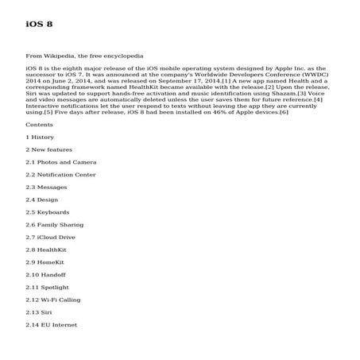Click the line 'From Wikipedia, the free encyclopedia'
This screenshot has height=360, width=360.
click(x=85, y=57)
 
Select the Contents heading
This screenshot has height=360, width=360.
click(x=40, y=125)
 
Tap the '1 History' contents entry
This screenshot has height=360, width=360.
click(x=41, y=137)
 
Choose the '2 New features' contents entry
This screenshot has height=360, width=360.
click(x=49, y=149)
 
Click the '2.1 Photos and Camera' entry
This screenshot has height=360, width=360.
click(x=61, y=162)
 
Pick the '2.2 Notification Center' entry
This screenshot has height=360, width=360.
click(x=61, y=175)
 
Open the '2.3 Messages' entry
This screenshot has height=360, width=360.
click(x=47, y=188)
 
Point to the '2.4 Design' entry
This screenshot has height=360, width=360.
click(x=43, y=199)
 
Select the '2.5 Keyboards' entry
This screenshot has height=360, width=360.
click(x=48, y=212)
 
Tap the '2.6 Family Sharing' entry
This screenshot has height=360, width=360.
click(x=54, y=225)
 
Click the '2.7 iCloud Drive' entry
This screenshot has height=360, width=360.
click(x=51, y=237)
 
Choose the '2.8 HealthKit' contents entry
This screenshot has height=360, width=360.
click(x=46, y=250)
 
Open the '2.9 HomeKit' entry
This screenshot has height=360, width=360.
click(x=46, y=262)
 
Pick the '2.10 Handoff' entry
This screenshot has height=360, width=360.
click(x=46, y=274)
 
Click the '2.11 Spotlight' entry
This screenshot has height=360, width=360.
click(x=48, y=287)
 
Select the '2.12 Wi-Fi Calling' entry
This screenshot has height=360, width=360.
click(x=54, y=300)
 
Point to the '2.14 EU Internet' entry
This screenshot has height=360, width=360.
click(x=52, y=324)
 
